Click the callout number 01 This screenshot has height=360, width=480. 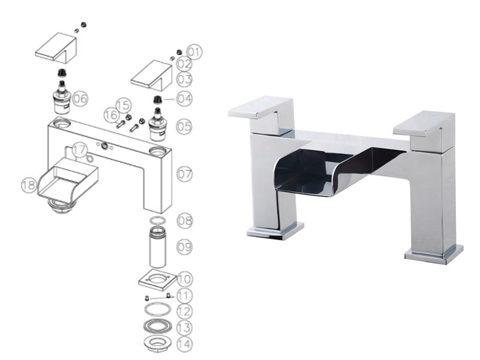click(x=194, y=52)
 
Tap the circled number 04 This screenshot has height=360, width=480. click(x=185, y=98)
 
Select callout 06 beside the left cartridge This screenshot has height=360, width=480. click(x=80, y=98)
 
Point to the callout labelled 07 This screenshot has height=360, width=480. click(x=185, y=174)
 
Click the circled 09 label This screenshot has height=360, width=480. click(x=185, y=247)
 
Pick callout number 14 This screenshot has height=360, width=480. click(x=185, y=344)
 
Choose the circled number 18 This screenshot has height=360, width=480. click(x=29, y=185)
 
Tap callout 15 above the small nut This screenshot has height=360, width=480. click(x=124, y=106)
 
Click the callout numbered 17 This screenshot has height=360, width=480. click(x=80, y=150)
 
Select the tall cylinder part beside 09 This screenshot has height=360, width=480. click(x=158, y=247)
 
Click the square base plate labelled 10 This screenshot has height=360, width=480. click(x=158, y=280)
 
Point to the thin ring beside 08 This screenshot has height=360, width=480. click(x=158, y=220)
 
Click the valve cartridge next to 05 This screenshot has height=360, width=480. click(x=157, y=124)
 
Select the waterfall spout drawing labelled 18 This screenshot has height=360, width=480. click(x=68, y=181)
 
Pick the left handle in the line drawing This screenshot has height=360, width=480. click(x=56, y=49)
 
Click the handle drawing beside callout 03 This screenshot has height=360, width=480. click(x=152, y=76)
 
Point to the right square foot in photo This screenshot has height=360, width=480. click(x=434, y=254)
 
